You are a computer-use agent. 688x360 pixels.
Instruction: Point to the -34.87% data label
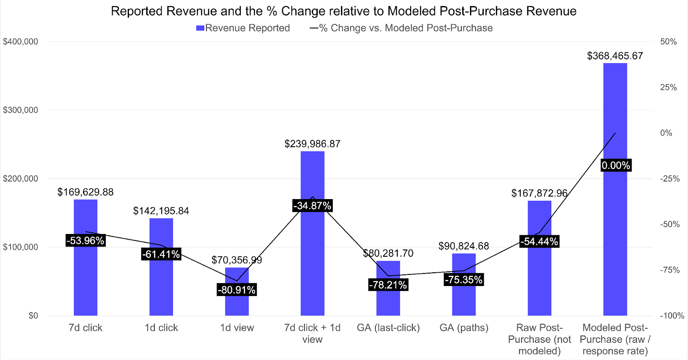pyautogui.click(x=312, y=206)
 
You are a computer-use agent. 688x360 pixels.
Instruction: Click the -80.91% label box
pyautogui.click(x=236, y=290)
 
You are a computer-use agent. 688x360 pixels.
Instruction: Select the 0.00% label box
pyautogui.click(x=616, y=165)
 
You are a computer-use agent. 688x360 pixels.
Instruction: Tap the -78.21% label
pyautogui.click(x=388, y=285)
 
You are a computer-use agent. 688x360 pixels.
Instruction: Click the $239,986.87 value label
pyautogui.click(x=312, y=144)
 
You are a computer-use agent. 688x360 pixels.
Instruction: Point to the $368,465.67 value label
pyautogui.click(x=615, y=56)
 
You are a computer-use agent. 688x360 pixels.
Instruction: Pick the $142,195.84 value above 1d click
pyautogui.click(x=161, y=211)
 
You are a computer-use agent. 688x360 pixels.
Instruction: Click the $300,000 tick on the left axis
pyautogui.click(x=20, y=110)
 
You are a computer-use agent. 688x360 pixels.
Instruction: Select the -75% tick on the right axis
pyautogui.click(x=670, y=270)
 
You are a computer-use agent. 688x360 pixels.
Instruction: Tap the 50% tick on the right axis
pyautogui.click(x=668, y=42)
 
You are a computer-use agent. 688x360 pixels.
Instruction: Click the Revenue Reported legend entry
pyautogui.click(x=243, y=28)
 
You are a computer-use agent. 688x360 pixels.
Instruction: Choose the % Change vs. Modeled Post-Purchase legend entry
pyautogui.click(x=401, y=28)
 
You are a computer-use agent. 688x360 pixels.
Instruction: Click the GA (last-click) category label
pyautogui.click(x=388, y=328)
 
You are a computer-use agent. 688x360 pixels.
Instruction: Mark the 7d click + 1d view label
pyautogui.click(x=312, y=333)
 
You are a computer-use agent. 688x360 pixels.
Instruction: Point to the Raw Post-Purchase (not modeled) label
pyautogui.click(x=539, y=339)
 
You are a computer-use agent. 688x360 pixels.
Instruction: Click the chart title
pyautogui.click(x=344, y=11)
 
